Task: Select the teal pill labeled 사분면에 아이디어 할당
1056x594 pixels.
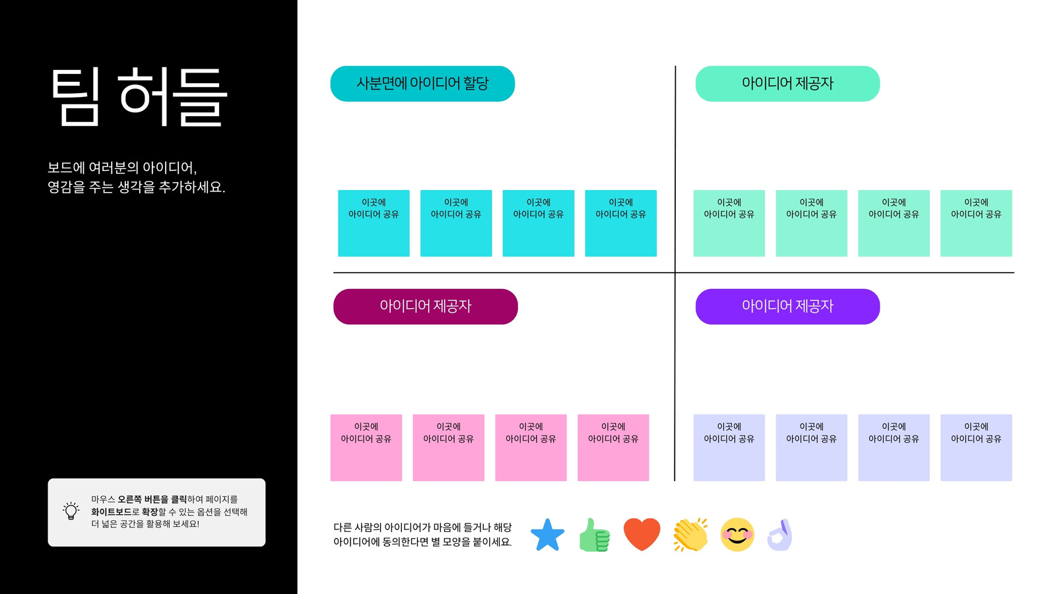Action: click(x=422, y=83)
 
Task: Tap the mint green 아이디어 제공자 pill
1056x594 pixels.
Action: click(x=787, y=83)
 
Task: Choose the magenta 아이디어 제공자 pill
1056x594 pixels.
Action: click(x=425, y=306)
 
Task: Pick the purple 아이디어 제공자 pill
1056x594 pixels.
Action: click(x=787, y=306)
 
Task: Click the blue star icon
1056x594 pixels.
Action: click(x=547, y=535)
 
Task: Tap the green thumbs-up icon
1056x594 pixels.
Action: click(x=595, y=535)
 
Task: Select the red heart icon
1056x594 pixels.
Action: click(x=642, y=535)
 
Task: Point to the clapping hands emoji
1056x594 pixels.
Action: click(x=690, y=535)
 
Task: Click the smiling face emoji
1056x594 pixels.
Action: click(x=737, y=535)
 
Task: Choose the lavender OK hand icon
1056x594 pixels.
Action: click(x=780, y=535)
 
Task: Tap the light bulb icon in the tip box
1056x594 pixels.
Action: click(x=71, y=511)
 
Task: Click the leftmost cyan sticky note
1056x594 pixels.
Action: click(x=374, y=224)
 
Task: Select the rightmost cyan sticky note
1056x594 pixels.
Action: click(x=621, y=224)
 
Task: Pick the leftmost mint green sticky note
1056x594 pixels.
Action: click(x=729, y=224)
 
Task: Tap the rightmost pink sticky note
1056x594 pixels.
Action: click(x=613, y=448)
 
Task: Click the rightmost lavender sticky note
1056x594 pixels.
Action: click(x=976, y=448)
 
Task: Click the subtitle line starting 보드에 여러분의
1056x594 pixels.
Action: click(x=122, y=168)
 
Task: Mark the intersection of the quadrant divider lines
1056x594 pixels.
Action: click(x=675, y=273)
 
